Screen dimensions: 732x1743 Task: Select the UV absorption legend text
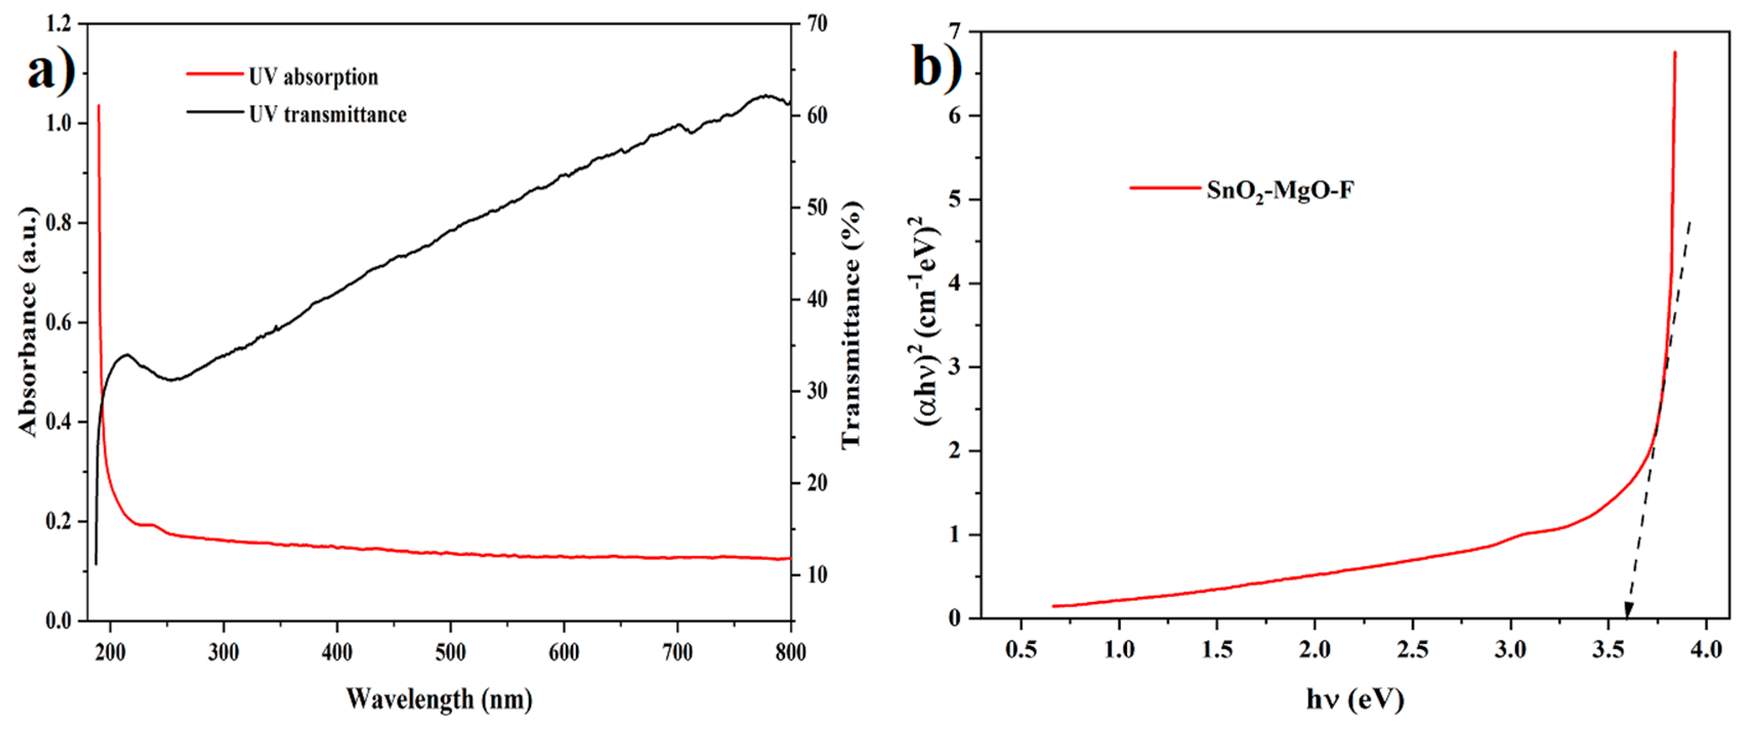[x=313, y=77]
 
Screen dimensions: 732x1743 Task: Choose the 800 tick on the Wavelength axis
[x=790, y=652]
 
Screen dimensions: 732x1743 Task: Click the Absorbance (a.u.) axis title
[x=27, y=322]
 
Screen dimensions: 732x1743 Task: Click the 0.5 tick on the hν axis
[x=1021, y=650]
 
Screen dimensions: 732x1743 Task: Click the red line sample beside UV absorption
[x=215, y=74]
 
